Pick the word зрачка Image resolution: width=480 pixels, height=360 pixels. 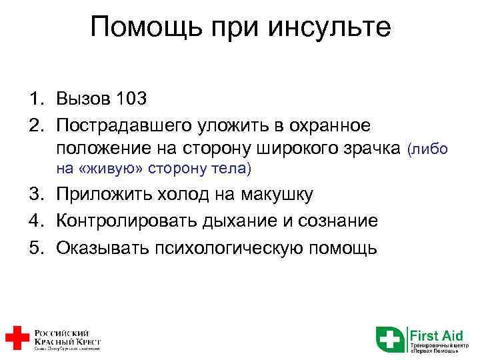pyautogui.click(x=372, y=148)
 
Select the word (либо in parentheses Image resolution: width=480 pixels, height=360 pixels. pyautogui.click(x=427, y=149)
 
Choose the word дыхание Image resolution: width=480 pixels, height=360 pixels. pyautogui.click(x=226, y=221)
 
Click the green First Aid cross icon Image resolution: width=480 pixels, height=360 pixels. pyautogui.click(x=390, y=339)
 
